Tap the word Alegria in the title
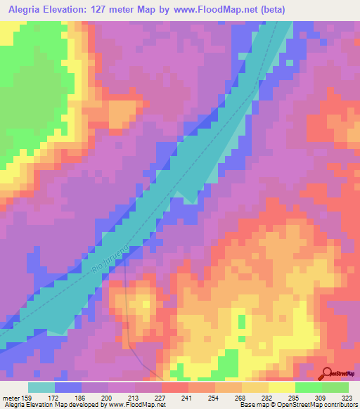pos(27,9)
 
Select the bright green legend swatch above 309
pos(308,387)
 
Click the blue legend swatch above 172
pos(68,387)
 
